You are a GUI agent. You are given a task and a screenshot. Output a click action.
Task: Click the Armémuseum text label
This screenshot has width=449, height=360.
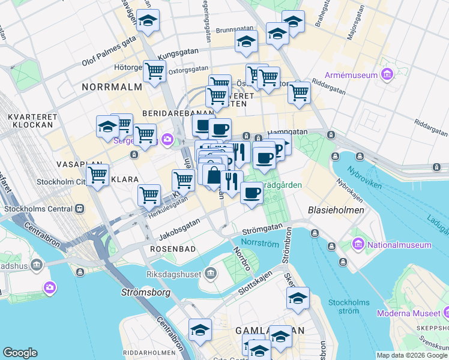click(351, 75)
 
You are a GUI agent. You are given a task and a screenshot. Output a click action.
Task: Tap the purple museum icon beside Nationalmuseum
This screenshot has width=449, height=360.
click(358, 244)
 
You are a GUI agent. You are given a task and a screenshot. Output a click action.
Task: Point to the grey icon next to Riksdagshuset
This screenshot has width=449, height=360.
click(210, 274)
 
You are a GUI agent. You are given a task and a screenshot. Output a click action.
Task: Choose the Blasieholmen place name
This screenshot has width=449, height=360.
click(336, 211)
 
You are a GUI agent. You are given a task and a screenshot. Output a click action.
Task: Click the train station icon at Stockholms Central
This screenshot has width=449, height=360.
click(79, 209)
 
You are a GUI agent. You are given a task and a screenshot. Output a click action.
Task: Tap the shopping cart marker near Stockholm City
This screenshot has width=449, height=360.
click(97, 175)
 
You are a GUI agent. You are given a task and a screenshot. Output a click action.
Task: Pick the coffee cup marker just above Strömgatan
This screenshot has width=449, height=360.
click(252, 193)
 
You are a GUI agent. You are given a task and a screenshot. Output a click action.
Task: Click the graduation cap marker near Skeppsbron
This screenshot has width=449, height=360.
click(298, 298)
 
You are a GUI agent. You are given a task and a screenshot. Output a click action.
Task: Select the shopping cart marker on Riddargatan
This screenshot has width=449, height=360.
click(298, 92)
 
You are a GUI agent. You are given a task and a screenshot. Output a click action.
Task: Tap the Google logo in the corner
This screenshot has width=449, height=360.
click(20, 353)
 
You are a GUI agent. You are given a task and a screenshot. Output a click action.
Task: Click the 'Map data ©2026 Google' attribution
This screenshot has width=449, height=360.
click(412, 355)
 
